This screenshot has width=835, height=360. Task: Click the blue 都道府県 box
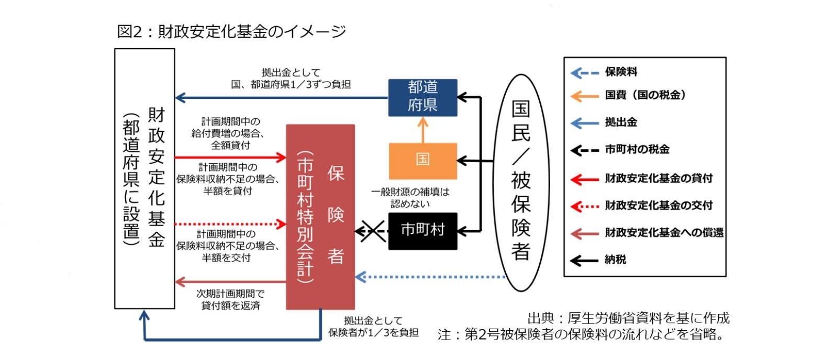[422, 97]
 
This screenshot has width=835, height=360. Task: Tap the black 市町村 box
[422, 230]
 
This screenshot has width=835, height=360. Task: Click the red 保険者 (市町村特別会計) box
[320, 217]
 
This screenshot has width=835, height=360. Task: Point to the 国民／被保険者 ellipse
[521, 183]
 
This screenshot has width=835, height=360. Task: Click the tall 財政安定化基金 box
[144, 178]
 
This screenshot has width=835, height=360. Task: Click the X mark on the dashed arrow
[373, 231]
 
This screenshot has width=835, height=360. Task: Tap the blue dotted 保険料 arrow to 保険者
[429, 276]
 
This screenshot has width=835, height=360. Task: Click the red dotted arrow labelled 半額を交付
[230, 224]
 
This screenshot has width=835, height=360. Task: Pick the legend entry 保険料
[621, 72]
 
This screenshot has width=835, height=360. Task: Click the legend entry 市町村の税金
[637, 150]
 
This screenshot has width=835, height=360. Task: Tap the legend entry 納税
[615, 260]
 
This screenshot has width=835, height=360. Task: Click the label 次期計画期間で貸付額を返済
[230, 299]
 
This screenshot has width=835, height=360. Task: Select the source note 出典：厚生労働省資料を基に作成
[628, 318]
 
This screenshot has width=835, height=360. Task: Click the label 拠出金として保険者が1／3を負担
[373, 327]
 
